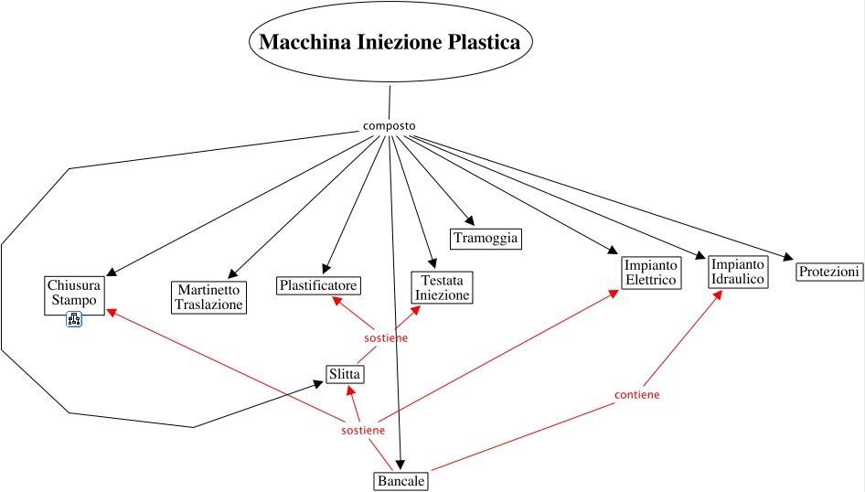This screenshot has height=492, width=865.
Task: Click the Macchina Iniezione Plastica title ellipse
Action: pos(390,43)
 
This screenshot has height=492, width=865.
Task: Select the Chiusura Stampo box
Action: pos(74,293)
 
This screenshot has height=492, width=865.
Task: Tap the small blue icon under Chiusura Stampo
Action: pos(74,319)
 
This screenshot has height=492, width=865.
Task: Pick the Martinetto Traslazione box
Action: pos(208,297)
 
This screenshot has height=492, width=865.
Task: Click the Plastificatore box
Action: pos(318,285)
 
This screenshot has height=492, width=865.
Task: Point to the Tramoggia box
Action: pos(486,239)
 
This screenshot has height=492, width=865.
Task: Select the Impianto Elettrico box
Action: pos(650,273)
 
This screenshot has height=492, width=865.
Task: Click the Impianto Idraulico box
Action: pos(738,272)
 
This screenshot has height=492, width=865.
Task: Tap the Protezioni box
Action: pos(829,272)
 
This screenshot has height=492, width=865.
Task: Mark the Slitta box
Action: pos(345,374)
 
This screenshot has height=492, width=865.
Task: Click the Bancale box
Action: pos(400,480)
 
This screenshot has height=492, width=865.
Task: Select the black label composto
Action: pos(389,125)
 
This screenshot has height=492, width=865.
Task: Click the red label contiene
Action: pos(636,394)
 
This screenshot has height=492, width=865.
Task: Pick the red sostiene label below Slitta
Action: pos(362,430)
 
